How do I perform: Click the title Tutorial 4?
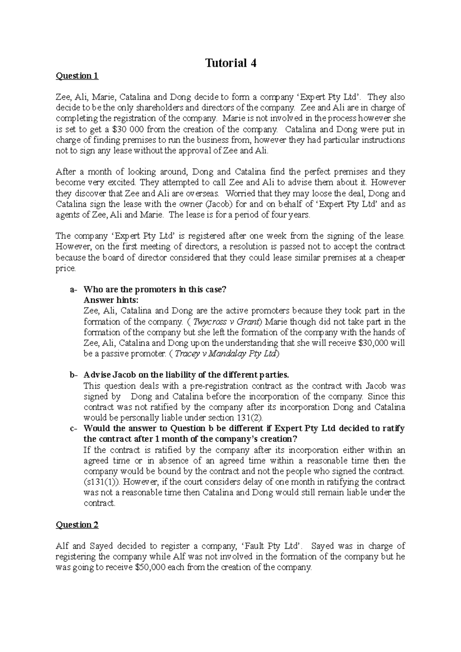point(230,63)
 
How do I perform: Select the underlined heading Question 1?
point(77,76)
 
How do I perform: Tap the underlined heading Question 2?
point(77,525)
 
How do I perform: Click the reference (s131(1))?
point(101,482)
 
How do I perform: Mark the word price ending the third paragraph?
point(66,268)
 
